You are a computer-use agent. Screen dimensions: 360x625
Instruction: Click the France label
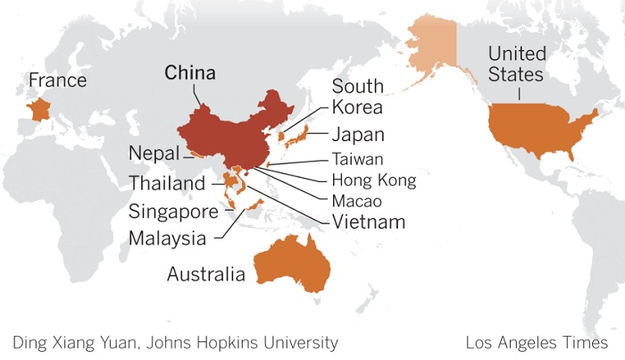click(x=57, y=80)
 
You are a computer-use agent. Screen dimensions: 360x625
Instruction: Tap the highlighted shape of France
click(x=38, y=111)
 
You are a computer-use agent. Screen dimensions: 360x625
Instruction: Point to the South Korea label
click(x=357, y=96)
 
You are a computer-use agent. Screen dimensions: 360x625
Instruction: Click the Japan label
click(x=357, y=136)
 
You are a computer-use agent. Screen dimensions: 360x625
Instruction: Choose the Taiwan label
click(x=357, y=160)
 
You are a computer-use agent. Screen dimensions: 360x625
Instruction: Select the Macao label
click(x=357, y=200)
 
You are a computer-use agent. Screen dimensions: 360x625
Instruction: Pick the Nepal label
click(x=154, y=152)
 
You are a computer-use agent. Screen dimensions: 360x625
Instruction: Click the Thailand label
click(x=167, y=184)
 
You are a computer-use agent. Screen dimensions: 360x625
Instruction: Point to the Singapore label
click(x=173, y=213)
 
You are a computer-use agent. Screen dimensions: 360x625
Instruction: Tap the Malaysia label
click(x=167, y=239)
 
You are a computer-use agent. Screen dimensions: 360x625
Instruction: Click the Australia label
click(x=205, y=274)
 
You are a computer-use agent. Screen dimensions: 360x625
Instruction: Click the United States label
click(x=516, y=63)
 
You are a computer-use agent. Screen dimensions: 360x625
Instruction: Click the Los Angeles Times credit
click(x=537, y=342)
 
